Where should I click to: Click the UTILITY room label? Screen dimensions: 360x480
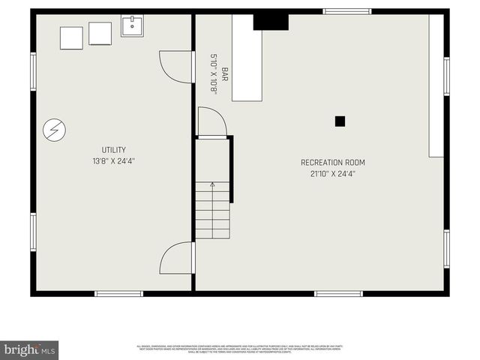[114, 150]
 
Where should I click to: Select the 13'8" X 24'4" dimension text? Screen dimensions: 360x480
[114, 160]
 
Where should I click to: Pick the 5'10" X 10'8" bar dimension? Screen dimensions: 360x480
[214, 73]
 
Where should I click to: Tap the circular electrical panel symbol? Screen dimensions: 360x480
[52, 130]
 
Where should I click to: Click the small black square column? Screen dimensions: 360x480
[340, 121]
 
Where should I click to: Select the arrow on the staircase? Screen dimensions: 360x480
[212, 184]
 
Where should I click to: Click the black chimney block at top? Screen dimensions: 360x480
[270, 22]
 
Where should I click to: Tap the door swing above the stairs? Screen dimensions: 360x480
[211, 122]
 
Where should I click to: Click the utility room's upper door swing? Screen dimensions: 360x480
[177, 66]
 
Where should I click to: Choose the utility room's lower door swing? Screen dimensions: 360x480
[177, 258]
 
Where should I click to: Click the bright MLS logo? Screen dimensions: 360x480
[29, 350]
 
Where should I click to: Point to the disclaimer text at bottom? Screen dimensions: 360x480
[240, 349]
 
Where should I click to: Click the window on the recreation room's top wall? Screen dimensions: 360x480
[346, 11]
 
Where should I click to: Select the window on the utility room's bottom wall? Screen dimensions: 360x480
[118, 293]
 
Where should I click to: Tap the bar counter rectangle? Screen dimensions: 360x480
[246, 58]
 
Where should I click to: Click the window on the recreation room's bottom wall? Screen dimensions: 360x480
[337, 293]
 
